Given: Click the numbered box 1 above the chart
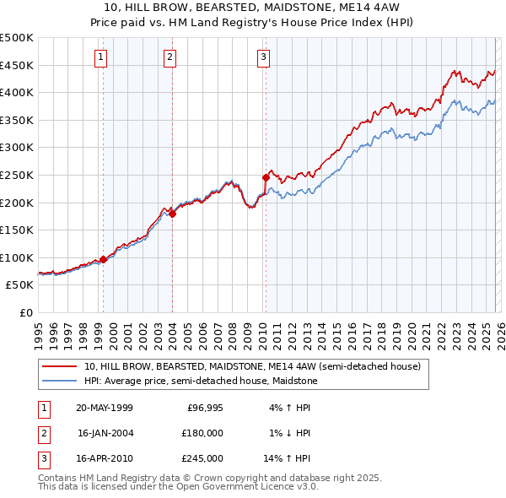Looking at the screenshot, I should pyautogui.click(x=101, y=57).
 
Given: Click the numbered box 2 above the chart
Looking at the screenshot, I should pyautogui.click(x=170, y=57).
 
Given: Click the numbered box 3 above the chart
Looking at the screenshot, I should pyautogui.click(x=263, y=57).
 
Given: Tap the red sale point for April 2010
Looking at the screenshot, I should pyautogui.click(x=266, y=177).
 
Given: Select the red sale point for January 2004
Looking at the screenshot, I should pyautogui.click(x=172, y=214).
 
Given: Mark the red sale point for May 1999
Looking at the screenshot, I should pyautogui.click(x=103, y=259).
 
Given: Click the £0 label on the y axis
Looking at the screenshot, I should pyautogui.click(x=25, y=312).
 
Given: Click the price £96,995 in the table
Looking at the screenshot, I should pyautogui.click(x=205, y=408).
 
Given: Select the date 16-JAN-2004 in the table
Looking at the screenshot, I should pyautogui.click(x=105, y=433).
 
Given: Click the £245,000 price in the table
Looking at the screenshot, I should pyautogui.click(x=202, y=458).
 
